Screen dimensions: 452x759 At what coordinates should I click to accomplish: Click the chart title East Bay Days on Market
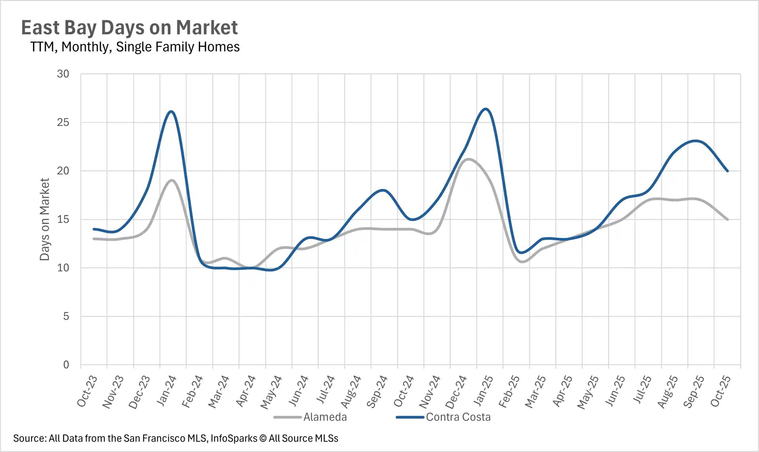click(129, 28)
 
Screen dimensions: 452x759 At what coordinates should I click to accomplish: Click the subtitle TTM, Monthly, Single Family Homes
click(135, 47)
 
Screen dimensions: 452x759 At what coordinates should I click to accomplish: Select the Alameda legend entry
click(325, 417)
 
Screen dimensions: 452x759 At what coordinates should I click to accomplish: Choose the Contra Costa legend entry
click(458, 417)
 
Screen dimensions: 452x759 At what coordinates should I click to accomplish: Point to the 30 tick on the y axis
click(63, 74)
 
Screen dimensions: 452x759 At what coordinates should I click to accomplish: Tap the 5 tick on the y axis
click(66, 316)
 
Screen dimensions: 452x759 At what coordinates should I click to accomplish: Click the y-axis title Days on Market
click(45, 219)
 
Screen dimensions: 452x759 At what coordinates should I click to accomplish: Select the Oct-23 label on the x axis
click(87, 391)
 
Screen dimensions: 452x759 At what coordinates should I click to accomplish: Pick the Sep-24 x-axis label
click(377, 391)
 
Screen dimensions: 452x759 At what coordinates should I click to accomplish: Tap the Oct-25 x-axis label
click(720, 391)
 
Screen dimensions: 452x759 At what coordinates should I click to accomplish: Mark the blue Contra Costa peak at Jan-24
click(171, 111)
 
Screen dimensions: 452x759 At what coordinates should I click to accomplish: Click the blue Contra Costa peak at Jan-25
click(485, 109)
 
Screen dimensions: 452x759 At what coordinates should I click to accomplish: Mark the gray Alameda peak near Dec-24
click(468, 159)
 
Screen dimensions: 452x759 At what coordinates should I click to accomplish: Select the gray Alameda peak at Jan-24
click(172, 180)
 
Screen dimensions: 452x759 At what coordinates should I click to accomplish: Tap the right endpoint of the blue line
click(727, 171)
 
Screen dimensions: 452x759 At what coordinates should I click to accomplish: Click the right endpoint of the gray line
click(727, 219)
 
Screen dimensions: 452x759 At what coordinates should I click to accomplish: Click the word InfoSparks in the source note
click(234, 438)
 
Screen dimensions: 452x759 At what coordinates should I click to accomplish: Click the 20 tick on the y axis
click(63, 171)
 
